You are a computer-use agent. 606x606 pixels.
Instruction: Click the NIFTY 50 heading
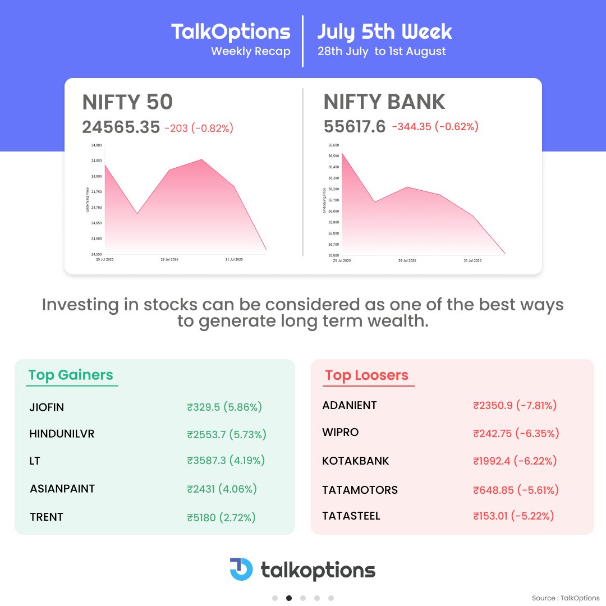127,102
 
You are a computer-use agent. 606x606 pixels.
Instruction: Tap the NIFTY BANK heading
384,102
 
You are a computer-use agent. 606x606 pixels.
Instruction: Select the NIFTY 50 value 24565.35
121,127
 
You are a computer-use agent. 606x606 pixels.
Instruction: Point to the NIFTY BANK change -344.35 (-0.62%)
435,127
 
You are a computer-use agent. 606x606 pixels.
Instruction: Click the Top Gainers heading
71,375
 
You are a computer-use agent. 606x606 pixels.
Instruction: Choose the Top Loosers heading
367,375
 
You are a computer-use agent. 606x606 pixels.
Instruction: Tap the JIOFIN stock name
47,407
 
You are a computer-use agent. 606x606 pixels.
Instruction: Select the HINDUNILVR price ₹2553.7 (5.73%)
227,434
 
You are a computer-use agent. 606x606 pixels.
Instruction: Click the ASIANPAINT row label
62,489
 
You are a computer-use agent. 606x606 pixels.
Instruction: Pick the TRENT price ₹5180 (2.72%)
222,517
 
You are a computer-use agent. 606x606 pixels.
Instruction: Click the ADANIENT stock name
350,405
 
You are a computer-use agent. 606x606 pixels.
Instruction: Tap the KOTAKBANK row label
356,461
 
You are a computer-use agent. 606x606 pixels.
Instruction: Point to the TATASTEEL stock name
351,516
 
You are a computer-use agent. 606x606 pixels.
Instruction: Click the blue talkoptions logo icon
241,569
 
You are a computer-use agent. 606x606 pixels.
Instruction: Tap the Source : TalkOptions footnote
566,598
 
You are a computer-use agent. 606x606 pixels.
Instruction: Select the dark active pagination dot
289,598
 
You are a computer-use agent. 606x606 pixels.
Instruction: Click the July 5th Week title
384,31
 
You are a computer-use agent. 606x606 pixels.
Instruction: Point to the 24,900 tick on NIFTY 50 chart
96,145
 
